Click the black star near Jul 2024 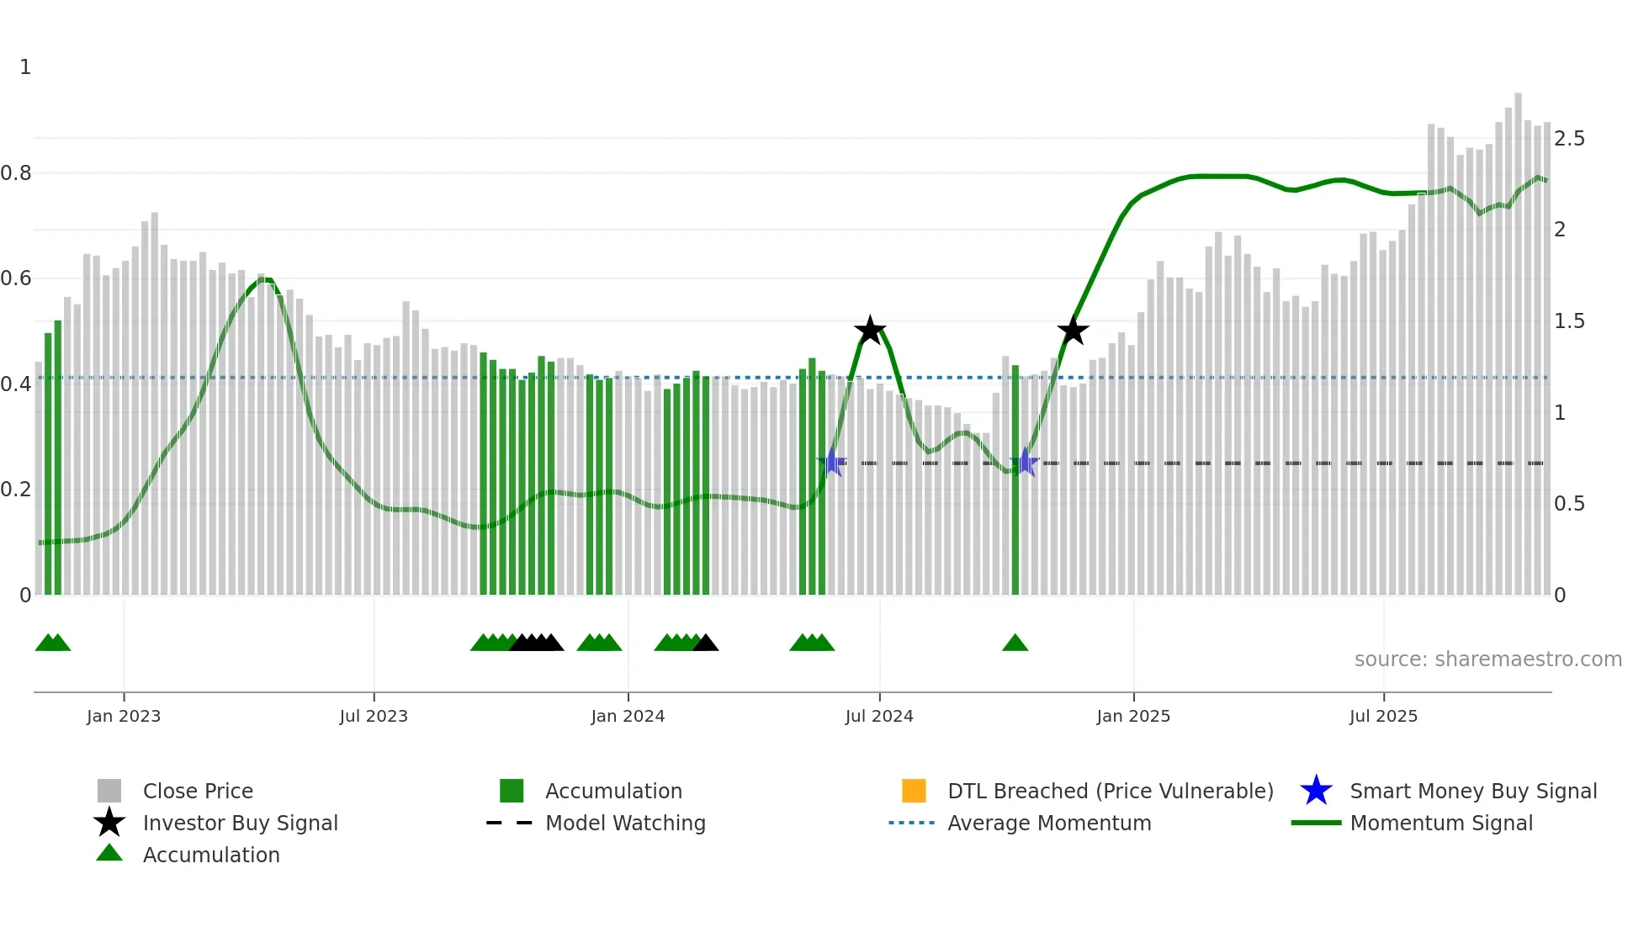pyautogui.click(x=870, y=331)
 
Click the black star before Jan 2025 pyautogui.click(x=1073, y=331)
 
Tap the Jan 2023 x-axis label pyautogui.click(x=124, y=716)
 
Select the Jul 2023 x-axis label pyautogui.click(x=374, y=716)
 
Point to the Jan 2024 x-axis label pyautogui.click(x=628, y=716)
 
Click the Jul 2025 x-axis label pyautogui.click(x=1383, y=716)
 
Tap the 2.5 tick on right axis pyautogui.click(x=1569, y=139)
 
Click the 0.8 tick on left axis pyautogui.click(x=16, y=173)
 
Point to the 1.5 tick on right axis pyautogui.click(x=1569, y=321)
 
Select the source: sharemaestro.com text pyautogui.click(x=1487, y=659)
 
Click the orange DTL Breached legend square pyautogui.click(x=914, y=791)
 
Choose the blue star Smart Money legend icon pyautogui.click(x=1316, y=791)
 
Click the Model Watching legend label pyautogui.click(x=625, y=823)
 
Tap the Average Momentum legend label pyautogui.click(x=1049, y=823)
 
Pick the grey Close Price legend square pyautogui.click(x=109, y=791)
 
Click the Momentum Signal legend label pyautogui.click(x=1441, y=823)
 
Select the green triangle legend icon pyautogui.click(x=109, y=853)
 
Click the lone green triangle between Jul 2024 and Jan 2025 pyautogui.click(x=1015, y=644)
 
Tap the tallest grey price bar pyautogui.click(x=1518, y=336)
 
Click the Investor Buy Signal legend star pyautogui.click(x=109, y=823)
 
